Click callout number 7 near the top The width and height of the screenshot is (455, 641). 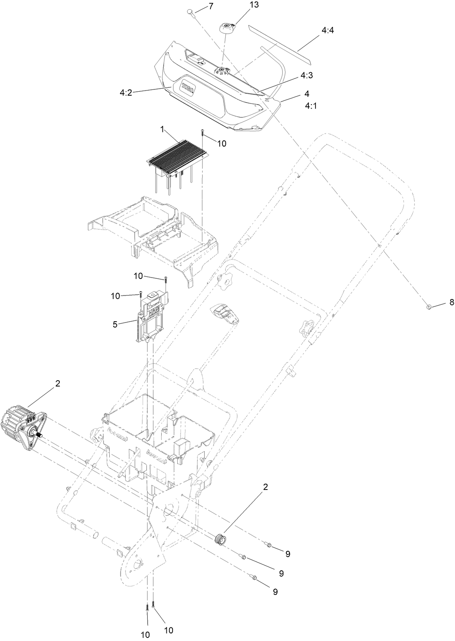pos(211,6)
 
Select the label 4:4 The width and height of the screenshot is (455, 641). pos(328,30)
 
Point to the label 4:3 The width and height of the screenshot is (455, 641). pos(306,76)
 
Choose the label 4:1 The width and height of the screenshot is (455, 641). pos(310,105)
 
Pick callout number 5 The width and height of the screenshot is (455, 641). pos(115,324)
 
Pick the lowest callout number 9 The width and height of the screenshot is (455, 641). pos(275,592)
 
